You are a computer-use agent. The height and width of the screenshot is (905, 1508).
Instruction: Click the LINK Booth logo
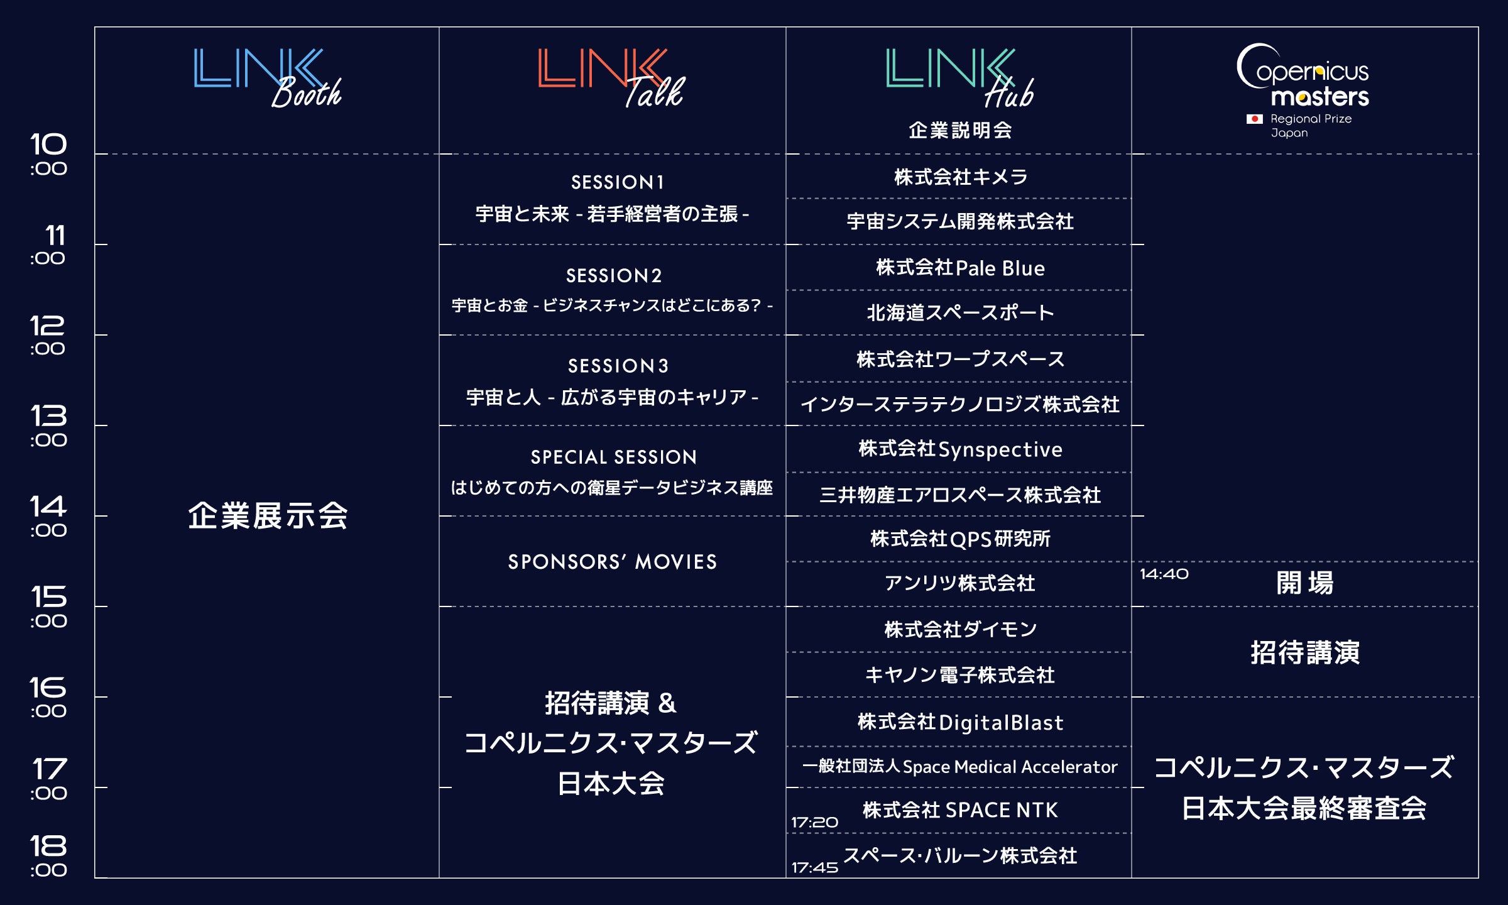pyautogui.click(x=267, y=78)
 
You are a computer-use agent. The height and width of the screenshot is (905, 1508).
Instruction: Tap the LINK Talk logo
pyautogui.click(x=611, y=78)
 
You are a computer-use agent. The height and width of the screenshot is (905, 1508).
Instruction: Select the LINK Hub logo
pyautogui.click(x=959, y=78)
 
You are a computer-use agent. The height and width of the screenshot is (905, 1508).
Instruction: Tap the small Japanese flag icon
pyautogui.click(x=1254, y=119)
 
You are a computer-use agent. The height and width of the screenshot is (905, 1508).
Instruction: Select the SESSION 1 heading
pyautogui.click(x=617, y=182)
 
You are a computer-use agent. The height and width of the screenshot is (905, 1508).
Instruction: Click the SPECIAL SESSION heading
pyautogui.click(x=613, y=457)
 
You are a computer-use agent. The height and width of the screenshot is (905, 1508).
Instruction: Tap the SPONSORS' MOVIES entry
pyautogui.click(x=612, y=562)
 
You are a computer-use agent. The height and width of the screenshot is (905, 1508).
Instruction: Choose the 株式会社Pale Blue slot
pyautogui.click(x=960, y=268)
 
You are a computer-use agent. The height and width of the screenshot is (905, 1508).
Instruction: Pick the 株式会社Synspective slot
pyautogui.click(x=960, y=449)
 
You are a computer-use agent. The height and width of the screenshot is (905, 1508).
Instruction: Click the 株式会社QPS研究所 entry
pyautogui.click(x=960, y=539)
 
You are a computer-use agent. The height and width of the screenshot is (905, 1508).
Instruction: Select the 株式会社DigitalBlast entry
pyautogui.click(x=960, y=723)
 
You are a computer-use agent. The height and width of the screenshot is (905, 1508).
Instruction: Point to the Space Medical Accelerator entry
pyautogui.click(x=960, y=767)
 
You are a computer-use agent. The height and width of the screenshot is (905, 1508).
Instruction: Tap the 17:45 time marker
pyautogui.click(x=814, y=868)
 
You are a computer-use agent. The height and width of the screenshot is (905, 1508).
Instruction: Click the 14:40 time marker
pyautogui.click(x=1164, y=574)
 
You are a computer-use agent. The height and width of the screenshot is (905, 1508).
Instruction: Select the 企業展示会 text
pyautogui.click(x=268, y=516)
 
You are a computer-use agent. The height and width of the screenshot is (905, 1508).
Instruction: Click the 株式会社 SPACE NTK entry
pyautogui.click(x=960, y=810)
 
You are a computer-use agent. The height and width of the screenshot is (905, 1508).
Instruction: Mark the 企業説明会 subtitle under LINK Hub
pyautogui.click(x=960, y=130)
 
